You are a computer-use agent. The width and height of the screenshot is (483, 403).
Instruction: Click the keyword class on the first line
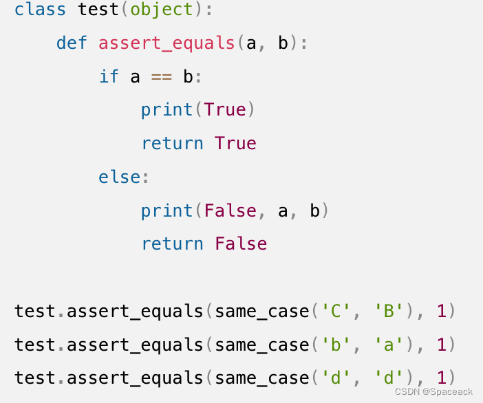(40, 10)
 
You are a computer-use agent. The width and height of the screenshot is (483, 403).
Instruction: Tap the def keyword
(72, 43)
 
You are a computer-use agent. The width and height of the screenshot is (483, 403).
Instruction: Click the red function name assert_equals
(167, 43)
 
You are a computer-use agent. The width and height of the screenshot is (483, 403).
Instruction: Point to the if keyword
(109, 76)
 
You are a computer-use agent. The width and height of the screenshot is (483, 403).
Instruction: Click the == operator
(161, 76)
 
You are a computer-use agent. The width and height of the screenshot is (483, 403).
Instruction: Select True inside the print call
(224, 110)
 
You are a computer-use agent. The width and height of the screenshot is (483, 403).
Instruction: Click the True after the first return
(235, 144)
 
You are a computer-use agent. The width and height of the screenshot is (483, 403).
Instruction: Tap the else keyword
(120, 177)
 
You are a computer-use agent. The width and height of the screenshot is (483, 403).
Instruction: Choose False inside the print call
(230, 210)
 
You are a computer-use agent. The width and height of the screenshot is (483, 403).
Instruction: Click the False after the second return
(241, 244)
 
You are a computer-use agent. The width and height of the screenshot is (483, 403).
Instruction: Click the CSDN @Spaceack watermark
(434, 391)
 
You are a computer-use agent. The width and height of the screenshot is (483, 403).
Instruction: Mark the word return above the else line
(172, 144)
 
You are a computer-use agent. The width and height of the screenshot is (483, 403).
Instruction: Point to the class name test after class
(98, 10)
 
